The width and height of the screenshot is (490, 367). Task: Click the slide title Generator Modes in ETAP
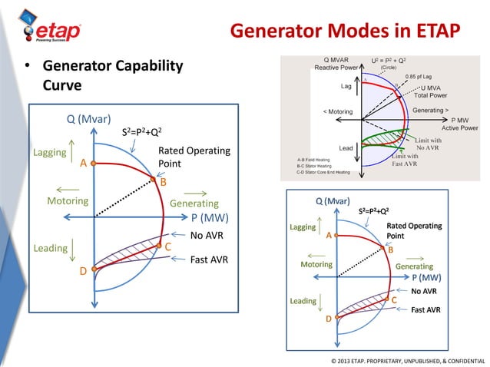(x=345, y=31)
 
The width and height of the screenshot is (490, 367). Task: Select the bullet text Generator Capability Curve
(x=112, y=77)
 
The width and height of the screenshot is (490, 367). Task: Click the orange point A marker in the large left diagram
(x=92, y=163)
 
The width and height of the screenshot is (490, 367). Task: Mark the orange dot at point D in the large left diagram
(x=93, y=269)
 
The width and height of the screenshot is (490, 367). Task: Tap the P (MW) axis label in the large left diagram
(x=211, y=218)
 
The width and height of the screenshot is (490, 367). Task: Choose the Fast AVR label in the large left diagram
(x=209, y=260)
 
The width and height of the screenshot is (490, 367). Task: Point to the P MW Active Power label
(x=464, y=124)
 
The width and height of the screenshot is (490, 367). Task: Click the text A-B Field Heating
(x=313, y=159)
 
